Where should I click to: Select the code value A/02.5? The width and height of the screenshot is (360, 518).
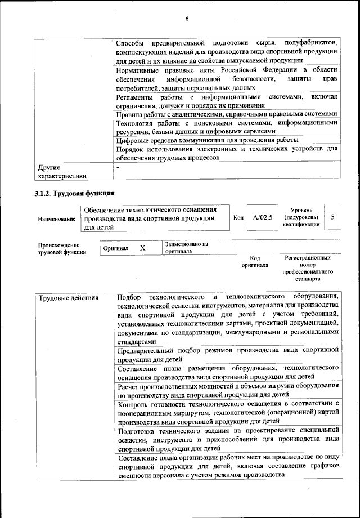pyautogui.click(x=262, y=218)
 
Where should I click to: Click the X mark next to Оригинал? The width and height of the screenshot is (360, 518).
pyautogui.click(x=142, y=248)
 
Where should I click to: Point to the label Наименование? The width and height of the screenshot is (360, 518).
pyautogui.click(x=57, y=218)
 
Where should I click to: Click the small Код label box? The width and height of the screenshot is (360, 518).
pyautogui.click(x=238, y=218)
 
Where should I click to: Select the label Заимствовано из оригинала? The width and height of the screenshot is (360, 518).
pyautogui.click(x=186, y=248)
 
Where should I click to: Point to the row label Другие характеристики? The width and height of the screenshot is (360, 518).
pyautogui.click(x=62, y=172)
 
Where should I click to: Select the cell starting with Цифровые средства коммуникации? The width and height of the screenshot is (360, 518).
pyautogui.click(x=206, y=140)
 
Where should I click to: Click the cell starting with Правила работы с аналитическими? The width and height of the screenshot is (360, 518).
pyautogui.click(x=226, y=113)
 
